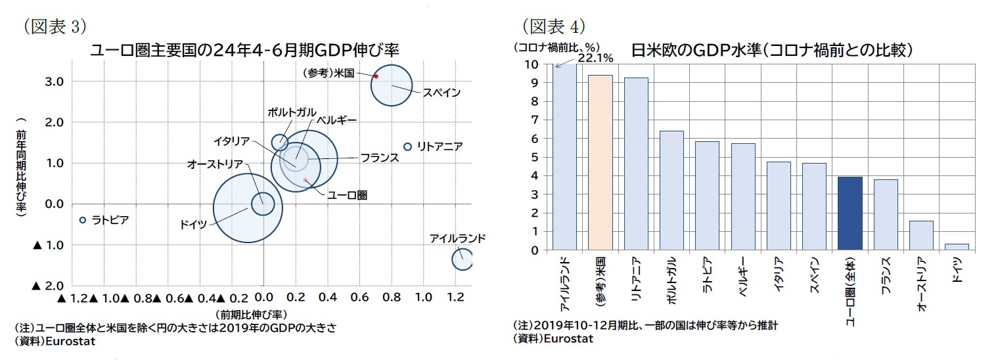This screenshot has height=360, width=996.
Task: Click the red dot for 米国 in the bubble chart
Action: [376, 76]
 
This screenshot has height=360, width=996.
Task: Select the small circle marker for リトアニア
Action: [407, 146]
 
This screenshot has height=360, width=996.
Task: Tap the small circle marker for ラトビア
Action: [83, 220]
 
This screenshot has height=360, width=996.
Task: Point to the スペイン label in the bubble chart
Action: [441, 93]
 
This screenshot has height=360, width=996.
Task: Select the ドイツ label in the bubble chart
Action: [193, 225]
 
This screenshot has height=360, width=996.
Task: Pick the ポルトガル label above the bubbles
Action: [291, 112]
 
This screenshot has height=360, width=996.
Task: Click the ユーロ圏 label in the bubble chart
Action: [347, 194]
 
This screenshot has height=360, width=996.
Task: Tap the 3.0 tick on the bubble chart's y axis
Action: [54, 81]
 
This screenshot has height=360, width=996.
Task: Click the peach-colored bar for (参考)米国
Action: [600, 162]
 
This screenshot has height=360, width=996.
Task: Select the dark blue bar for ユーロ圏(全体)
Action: [850, 214]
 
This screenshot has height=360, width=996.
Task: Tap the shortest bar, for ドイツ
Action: [957, 247]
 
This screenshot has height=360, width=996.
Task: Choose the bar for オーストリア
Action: [921, 235]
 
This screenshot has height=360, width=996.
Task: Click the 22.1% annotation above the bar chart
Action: [595, 58]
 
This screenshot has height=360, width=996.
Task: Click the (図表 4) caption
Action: [553, 26]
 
